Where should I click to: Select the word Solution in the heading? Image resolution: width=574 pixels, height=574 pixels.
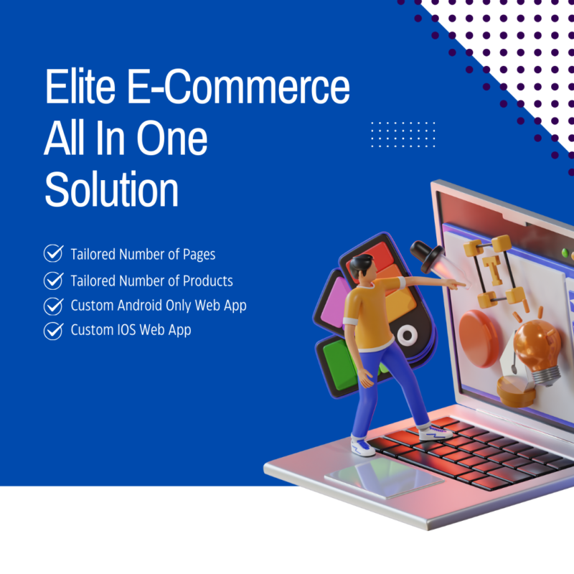(111, 189)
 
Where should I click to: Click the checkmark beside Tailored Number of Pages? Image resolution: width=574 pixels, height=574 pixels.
(53, 254)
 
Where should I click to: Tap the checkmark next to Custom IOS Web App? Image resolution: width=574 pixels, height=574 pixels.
(53, 331)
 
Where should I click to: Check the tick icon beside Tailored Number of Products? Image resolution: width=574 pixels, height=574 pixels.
(53, 281)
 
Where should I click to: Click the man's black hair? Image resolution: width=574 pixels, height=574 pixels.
(360, 263)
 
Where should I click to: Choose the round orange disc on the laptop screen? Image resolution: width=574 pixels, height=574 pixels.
(480, 337)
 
